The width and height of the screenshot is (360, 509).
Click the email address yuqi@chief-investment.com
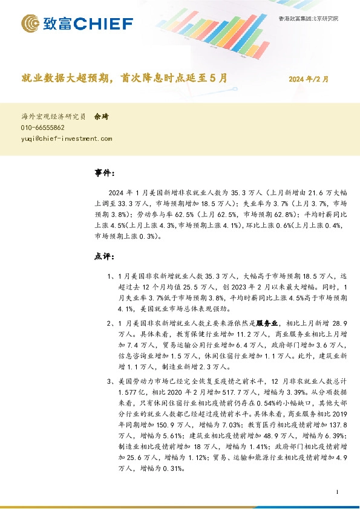click(67, 138)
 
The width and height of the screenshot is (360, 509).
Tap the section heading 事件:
click(104, 173)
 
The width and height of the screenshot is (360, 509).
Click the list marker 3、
click(110, 382)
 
